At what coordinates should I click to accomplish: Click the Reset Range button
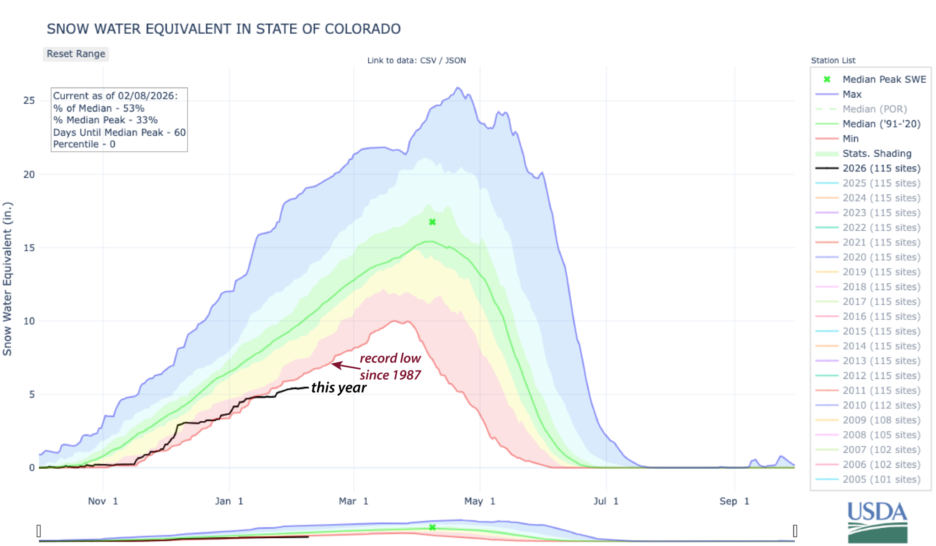tap(76, 54)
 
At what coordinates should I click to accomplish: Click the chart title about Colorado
tap(223, 29)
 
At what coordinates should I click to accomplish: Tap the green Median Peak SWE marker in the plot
tap(432, 222)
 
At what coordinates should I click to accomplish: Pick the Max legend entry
tap(852, 94)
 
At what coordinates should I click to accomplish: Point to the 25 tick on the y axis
tap(29, 101)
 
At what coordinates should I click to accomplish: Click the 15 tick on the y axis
tap(29, 248)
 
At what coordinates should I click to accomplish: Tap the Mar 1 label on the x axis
tap(353, 501)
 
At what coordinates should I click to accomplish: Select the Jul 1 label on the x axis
tap(606, 501)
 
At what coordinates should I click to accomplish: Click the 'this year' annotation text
tap(339, 387)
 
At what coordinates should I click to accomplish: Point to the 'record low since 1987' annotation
tap(390, 366)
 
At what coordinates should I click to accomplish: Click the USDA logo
tap(877, 522)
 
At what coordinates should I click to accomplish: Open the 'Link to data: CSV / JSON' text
tap(416, 60)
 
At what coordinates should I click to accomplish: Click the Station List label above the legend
tap(833, 60)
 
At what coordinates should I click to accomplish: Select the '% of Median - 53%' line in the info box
tap(99, 108)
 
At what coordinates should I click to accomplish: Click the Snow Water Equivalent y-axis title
tap(7, 279)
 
